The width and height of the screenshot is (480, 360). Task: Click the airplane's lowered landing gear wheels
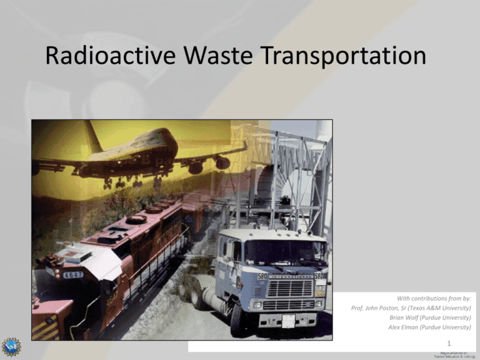pos(119,183)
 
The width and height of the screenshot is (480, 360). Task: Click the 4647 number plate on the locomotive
pos(72,274)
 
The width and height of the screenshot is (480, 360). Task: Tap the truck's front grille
pos(289,289)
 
